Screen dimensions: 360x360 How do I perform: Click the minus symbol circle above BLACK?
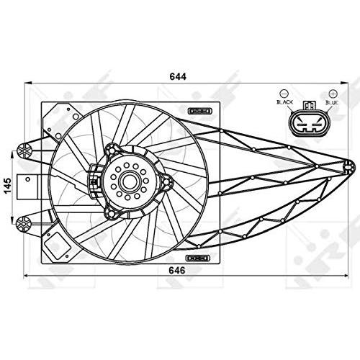point(284,92)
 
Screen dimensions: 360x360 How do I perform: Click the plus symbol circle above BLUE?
point(333,92)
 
